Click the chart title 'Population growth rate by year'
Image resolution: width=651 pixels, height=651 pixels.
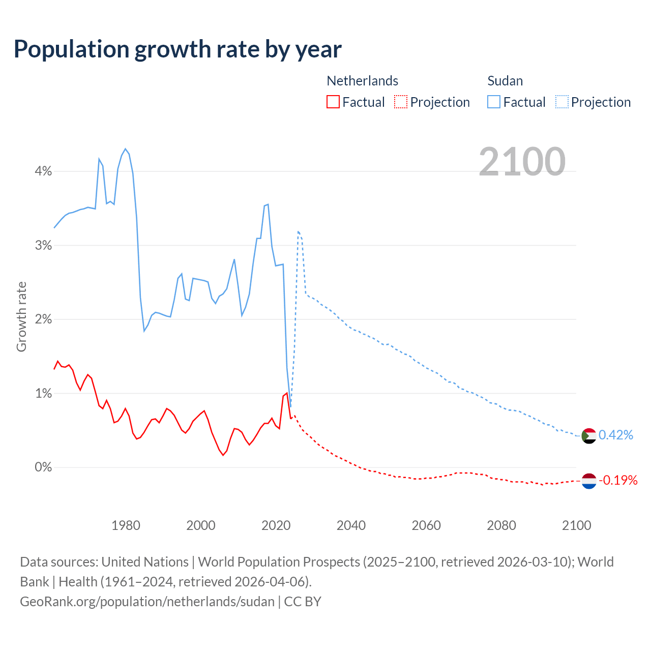pos(177,49)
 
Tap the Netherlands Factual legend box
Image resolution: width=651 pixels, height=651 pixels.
pos(333,102)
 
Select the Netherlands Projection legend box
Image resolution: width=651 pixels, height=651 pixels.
pos(401,102)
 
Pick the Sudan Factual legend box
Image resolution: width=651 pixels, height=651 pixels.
pos(493,102)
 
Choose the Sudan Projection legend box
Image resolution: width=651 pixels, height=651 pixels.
pos(561,102)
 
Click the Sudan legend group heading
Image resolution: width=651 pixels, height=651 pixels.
pos(505,81)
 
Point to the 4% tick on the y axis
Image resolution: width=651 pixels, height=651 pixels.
pos(43,171)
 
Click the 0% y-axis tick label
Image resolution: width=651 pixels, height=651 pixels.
pos(43,467)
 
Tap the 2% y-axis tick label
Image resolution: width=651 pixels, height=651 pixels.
pos(43,319)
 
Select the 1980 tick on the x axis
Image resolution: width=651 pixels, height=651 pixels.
pos(126,525)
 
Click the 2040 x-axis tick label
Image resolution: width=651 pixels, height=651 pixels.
pos(351,525)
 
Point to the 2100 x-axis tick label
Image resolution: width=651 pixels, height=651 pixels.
pos(576,525)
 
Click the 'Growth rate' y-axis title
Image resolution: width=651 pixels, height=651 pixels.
pos(21,316)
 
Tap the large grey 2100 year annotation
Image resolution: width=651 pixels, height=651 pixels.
pos(522,162)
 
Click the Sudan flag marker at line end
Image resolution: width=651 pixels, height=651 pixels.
pos(588,436)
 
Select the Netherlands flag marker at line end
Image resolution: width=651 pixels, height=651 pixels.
pos(588,481)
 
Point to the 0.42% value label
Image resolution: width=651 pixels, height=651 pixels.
pos(615,435)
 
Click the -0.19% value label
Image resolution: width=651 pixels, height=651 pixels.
pos(617,480)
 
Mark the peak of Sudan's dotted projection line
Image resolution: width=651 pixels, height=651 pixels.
pos(298,231)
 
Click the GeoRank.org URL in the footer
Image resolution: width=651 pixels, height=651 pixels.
pos(147,602)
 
